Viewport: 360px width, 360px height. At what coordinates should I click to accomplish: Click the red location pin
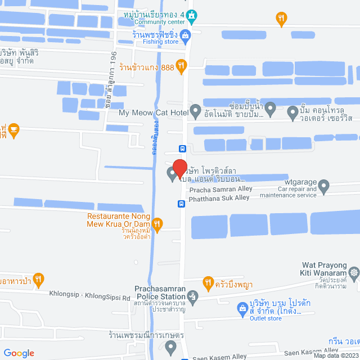click(179, 168)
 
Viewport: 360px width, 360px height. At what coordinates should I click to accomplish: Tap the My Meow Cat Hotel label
click(153, 112)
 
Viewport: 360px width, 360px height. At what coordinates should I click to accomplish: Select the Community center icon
click(192, 15)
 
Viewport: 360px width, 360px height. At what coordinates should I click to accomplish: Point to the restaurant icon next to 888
click(181, 66)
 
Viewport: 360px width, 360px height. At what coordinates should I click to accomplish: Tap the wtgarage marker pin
click(323, 184)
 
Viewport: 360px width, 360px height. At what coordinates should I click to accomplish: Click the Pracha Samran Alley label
click(220, 189)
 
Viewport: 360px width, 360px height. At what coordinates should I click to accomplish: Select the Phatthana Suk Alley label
click(219, 198)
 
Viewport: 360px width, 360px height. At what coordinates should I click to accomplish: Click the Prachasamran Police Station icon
click(193, 296)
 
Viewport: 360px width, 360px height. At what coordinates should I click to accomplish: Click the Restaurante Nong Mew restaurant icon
click(158, 224)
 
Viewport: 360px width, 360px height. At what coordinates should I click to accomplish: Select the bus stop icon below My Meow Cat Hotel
click(182, 149)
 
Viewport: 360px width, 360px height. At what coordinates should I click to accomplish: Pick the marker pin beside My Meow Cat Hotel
click(195, 111)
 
